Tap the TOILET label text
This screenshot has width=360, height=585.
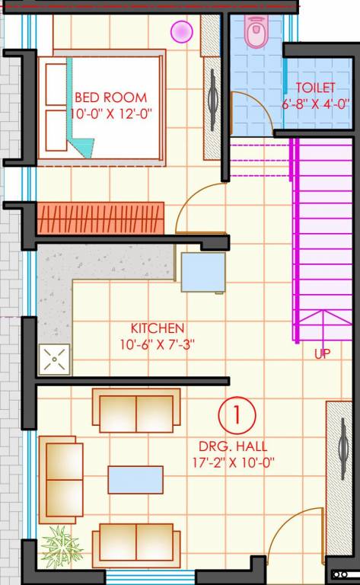coord(315,88)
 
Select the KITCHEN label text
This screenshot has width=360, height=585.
coord(158,328)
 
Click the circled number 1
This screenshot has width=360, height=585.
coord(237,416)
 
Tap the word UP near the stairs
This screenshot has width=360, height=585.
coord(322,354)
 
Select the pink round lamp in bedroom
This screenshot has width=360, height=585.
coord(181,31)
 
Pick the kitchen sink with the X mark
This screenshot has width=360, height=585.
coord(55,359)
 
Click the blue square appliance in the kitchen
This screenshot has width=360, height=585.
coord(203,272)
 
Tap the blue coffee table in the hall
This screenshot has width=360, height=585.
coord(135,480)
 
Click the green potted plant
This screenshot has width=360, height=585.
coord(60,545)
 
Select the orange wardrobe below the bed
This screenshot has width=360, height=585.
coord(100,218)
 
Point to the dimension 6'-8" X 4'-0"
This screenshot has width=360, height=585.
coord(315,104)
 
